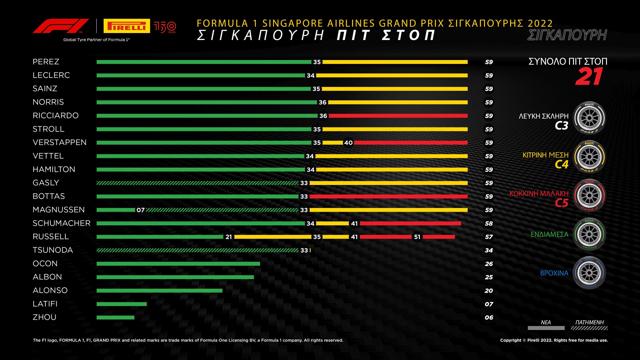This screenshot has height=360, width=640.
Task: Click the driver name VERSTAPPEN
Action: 59,142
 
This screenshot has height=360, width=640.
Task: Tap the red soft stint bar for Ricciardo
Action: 398,116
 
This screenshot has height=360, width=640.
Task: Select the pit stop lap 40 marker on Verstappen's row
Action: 348,143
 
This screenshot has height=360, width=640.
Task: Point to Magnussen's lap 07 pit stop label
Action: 141,210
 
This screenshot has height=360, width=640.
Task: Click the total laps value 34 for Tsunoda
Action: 489,250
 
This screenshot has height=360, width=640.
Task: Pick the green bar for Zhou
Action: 115,317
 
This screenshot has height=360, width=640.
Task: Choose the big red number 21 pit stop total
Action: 589,77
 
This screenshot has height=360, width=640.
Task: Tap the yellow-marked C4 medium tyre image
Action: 589,157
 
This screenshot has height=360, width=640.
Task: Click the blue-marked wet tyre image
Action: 589,273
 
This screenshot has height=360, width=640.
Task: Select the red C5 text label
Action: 561,203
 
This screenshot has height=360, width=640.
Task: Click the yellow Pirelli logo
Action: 127,26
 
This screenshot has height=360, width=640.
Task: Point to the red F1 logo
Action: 61,26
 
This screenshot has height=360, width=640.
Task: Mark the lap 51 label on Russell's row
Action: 417,237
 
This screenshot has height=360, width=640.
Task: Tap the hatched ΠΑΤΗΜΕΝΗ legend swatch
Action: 589,328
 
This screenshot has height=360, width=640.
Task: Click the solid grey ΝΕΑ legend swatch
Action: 546,328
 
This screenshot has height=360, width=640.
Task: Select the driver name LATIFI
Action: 45,304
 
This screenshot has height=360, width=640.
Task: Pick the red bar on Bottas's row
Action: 388,197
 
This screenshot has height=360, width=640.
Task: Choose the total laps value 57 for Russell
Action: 489,237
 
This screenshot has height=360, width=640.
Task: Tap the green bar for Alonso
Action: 159,291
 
